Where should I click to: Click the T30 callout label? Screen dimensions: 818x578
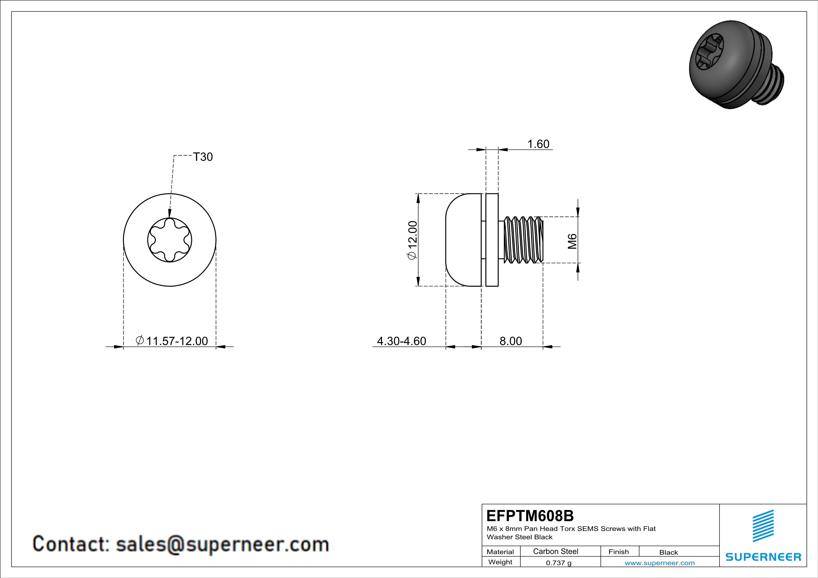coord(203,157)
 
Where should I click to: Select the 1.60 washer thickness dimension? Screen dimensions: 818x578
coord(538,144)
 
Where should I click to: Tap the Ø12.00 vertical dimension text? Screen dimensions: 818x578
coord(412,240)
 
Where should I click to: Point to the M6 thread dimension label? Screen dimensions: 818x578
coord(572,241)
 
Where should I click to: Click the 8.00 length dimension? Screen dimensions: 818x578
coord(511,341)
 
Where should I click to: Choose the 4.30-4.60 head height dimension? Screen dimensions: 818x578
coord(401,341)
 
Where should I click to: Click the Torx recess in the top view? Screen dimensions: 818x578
coord(170,240)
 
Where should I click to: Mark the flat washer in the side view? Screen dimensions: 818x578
coord(492,240)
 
